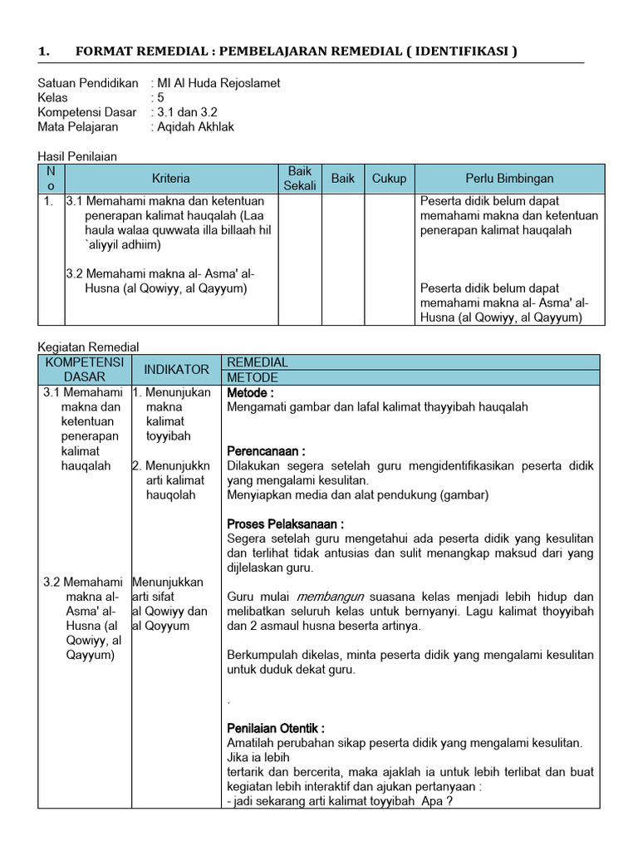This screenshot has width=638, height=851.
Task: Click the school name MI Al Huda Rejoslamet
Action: pos(218,83)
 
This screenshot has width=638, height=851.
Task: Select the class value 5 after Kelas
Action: pos(161,98)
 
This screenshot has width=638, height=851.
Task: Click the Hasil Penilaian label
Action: pos(78,156)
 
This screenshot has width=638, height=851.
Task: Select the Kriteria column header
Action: pos(171,179)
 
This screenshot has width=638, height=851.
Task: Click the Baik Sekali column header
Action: pos(300,179)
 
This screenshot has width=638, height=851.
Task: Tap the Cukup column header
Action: pos(389,179)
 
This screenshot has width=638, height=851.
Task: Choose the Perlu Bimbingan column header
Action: pos(509,179)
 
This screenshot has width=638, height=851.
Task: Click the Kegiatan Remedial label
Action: pos(89,347)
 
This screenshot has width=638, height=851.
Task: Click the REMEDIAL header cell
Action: pos(258,362)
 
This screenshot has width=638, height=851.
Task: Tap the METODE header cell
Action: pos(253,377)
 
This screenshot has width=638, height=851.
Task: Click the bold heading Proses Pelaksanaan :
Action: pos(285,524)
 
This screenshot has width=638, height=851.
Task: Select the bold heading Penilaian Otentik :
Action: pos(276,728)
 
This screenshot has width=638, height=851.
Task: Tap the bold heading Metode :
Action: pos(250,392)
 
